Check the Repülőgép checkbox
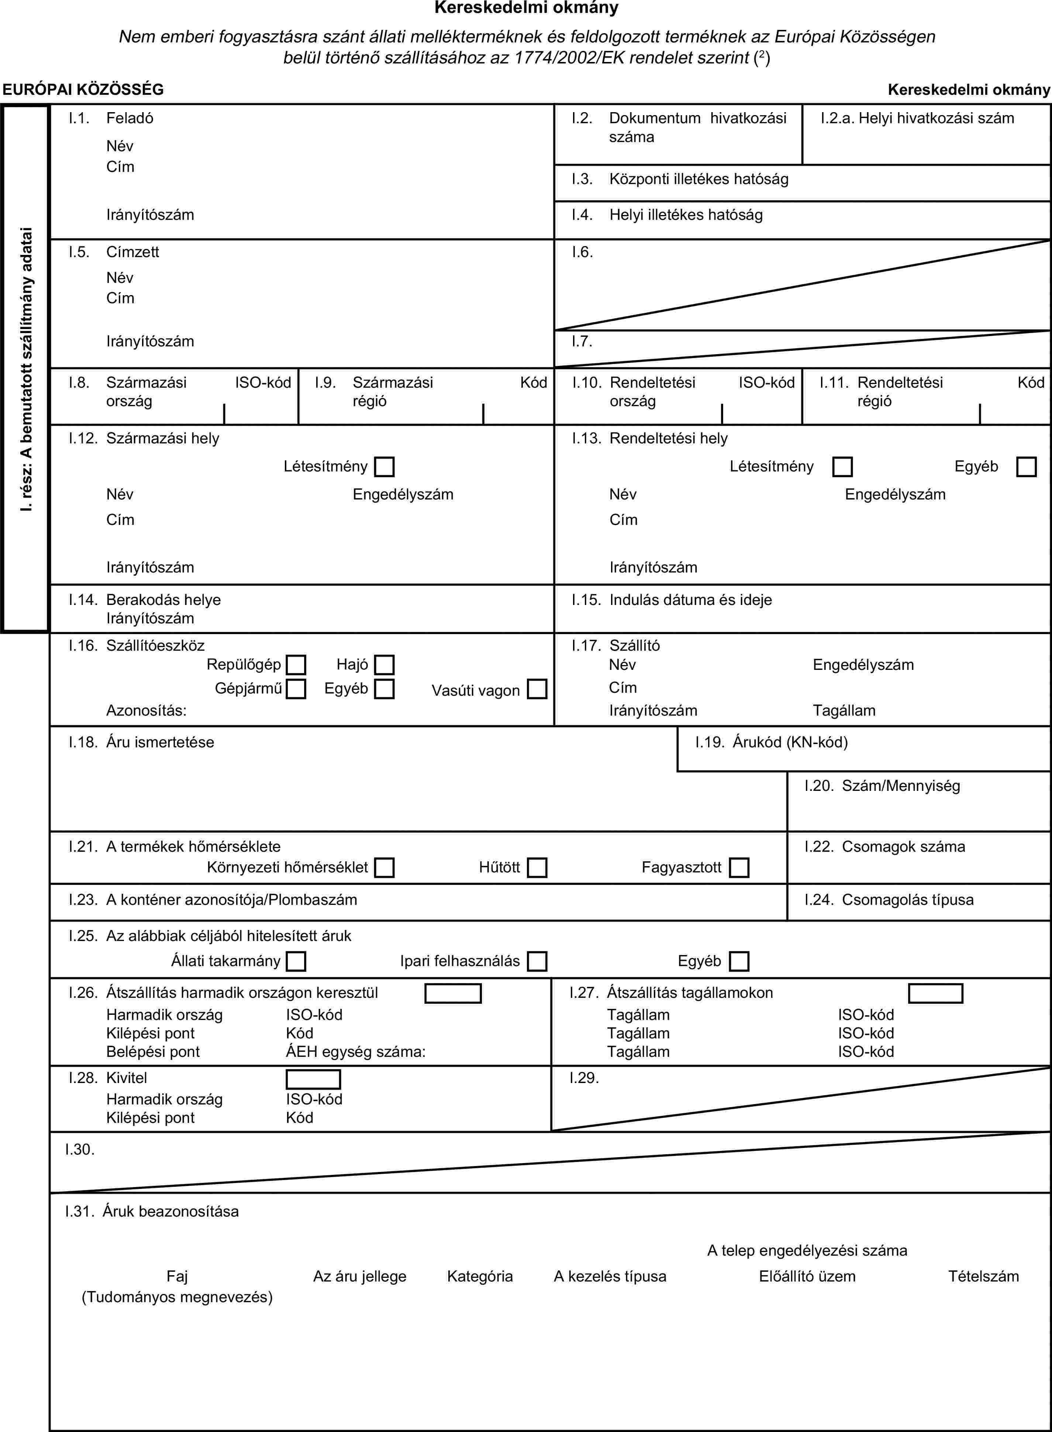pos(296,665)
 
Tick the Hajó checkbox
pos(384,665)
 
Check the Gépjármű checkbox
pos(296,689)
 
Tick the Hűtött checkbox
pos(537,868)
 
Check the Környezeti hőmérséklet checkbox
pos(384,868)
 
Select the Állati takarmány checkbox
pos(296,961)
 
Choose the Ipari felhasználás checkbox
pos(537,961)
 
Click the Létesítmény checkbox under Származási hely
pos(384,467)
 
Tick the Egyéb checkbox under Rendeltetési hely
pos(1026,467)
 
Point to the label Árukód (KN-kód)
pos(790,742)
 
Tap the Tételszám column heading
pos(983,1276)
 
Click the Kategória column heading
pos(480,1276)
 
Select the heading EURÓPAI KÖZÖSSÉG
pos(83,90)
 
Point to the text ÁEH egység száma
pos(355,1051)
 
